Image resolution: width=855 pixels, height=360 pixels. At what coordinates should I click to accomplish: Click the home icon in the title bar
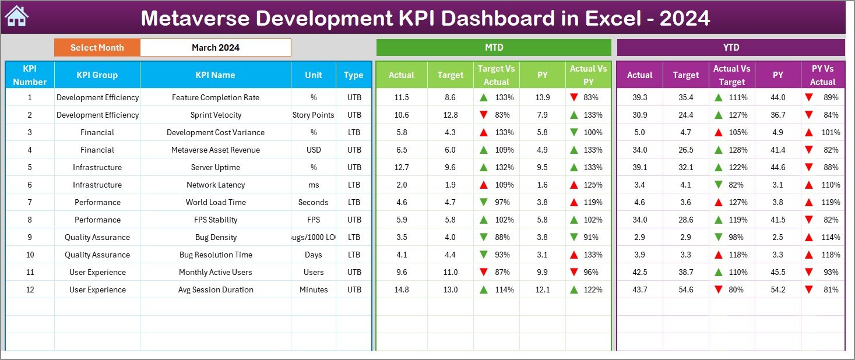click(x=16, y=16)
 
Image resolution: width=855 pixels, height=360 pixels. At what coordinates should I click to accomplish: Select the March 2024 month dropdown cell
click(x=215, y=48)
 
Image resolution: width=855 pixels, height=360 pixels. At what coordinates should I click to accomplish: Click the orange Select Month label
click(x=97, y=48)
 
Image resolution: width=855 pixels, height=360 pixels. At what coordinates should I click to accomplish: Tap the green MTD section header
click(x=494, y=48)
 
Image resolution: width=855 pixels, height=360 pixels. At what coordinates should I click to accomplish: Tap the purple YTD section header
click(x=730, y=48)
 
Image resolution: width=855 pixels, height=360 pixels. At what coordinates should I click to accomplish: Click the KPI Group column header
click(x=97, y=75)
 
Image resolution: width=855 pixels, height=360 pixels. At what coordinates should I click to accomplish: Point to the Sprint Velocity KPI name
click(x=215, y=115)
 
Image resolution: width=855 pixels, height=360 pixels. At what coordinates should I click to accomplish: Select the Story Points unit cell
click(x=313, y=115)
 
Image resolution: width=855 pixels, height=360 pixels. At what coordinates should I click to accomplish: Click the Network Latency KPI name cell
click(x=215, y=185)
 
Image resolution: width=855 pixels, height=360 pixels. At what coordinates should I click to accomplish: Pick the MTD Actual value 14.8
click(x=401, y=290)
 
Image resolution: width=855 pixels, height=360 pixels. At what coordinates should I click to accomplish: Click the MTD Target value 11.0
click(x=450, y=272)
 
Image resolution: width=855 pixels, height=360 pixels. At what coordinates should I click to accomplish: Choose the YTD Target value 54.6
click(x=685, y=290)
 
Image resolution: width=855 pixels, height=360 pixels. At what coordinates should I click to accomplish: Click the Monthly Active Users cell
click(x=215, y=272)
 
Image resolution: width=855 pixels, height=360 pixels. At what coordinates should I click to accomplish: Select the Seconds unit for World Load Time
click(x=313, y=202)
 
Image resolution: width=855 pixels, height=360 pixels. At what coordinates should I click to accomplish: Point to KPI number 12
click(x=30, y=290)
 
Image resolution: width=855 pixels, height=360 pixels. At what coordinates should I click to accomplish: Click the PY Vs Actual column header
click(x=822, y=75)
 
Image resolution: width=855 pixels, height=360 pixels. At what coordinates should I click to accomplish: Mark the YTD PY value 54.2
click(x=778, y=290)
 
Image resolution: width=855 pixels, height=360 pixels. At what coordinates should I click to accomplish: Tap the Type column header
click(x=353, y=75)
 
